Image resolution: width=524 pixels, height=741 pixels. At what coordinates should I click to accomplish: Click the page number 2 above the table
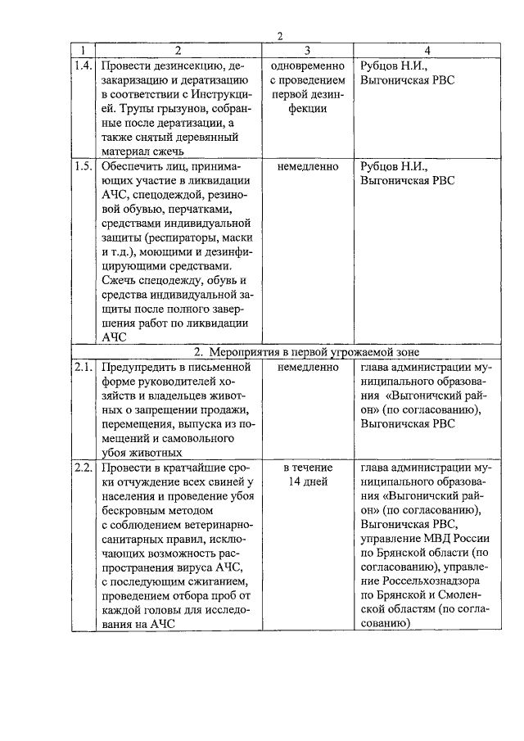point(279,36)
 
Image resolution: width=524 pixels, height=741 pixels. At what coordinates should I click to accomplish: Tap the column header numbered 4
point(426,51)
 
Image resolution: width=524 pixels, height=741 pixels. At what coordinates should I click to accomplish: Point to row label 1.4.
point(82,65)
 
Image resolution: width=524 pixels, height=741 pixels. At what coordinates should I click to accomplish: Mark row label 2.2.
point(82,468)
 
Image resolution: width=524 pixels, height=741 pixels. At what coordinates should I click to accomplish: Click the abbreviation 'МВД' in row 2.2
point(438,540)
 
